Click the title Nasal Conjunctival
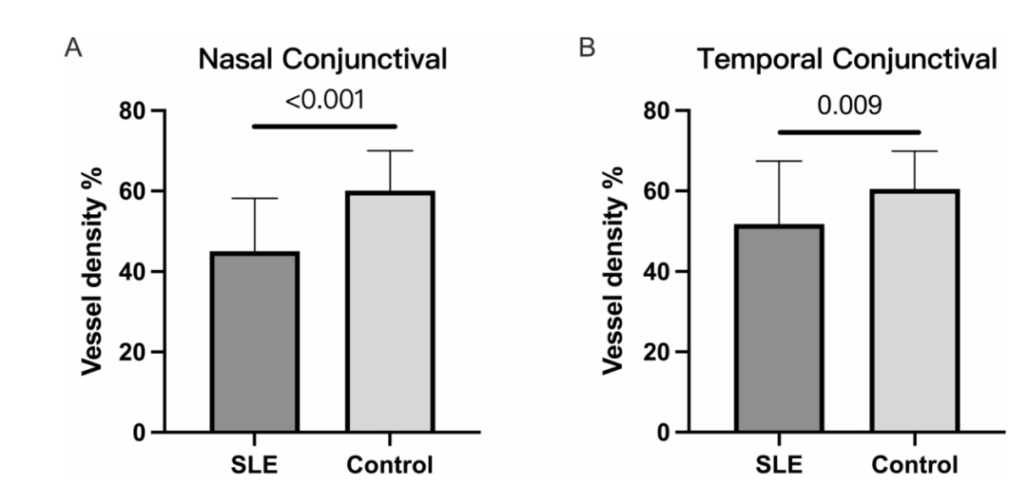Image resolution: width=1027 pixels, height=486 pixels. point(323,61)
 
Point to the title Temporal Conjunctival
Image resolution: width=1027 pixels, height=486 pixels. point(847,61)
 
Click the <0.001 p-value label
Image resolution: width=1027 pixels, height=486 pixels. point(324,100)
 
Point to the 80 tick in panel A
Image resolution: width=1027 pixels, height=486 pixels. point(134,111)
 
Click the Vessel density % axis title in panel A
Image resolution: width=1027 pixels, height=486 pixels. point(92,272)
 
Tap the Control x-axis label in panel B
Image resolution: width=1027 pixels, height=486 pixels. point(915,466)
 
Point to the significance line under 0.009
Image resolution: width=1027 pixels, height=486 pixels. point(849,131)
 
